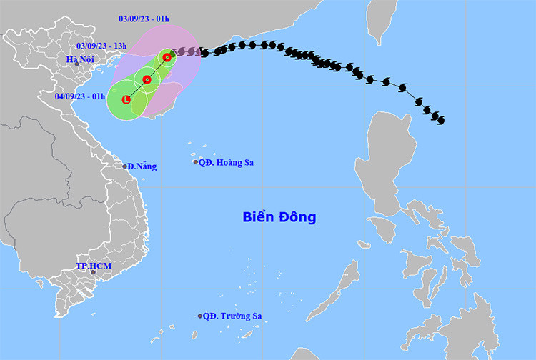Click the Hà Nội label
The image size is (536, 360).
click(x=79, y=59)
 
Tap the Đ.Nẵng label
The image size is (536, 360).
click(x=142, y=166)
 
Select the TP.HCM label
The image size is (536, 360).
click(x=94, y=266)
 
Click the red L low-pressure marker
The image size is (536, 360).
click(x=126, y=99)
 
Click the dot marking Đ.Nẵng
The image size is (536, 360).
click(x=124, y=166)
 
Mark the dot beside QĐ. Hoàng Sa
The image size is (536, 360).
click(x=196, y=162)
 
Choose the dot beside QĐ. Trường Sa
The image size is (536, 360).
click(x=200, y=316)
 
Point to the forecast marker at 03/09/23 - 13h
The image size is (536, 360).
click(x=147, y=79)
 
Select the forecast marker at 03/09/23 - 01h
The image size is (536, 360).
click(x=167, y=57)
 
